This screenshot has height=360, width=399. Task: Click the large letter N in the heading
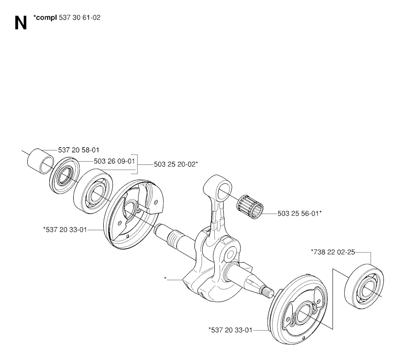pyautogui.click(x=21, y=23)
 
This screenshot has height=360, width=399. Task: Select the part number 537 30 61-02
pyautogui.click(x=79, y=18)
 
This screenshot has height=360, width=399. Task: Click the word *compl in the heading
pyautogui.click(x=45, y=18)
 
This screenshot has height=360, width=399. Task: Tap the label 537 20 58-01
pyautogui.click(x=79, y=150)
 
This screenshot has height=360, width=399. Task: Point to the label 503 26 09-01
pyautogui.click(x=114, y=161)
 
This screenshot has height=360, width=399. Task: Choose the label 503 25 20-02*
pyautogui.click(x=176, y=164)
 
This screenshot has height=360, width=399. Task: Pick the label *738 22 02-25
pyautogui.click(x=333, y=252)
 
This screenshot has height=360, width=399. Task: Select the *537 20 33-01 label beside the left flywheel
pyautogui.click(x=65, y=230)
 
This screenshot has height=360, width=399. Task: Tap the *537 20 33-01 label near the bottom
pyautogui.click(x=230, y=330)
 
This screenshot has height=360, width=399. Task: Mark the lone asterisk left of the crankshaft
pyautogui.click(x=165, y=279)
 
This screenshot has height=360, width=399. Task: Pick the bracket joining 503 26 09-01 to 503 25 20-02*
pyautogui.click(x=136, y=164)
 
